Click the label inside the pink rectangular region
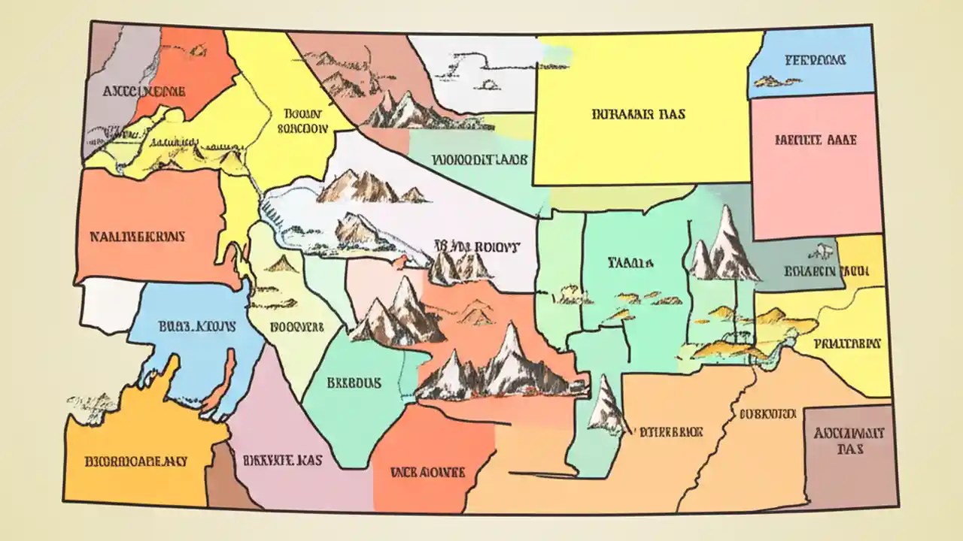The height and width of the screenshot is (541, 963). [815, 140]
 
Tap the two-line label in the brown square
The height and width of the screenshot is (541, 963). [849, 441]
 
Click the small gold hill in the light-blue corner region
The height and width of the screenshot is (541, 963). [767, 80]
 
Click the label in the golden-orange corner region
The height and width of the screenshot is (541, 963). [136, 460]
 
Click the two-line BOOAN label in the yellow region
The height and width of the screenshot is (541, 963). [303, 121]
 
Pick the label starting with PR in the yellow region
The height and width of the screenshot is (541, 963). [847, 343]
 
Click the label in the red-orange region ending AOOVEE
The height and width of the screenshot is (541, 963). [427, 472]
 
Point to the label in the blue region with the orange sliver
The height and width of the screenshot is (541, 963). [198, 327]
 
